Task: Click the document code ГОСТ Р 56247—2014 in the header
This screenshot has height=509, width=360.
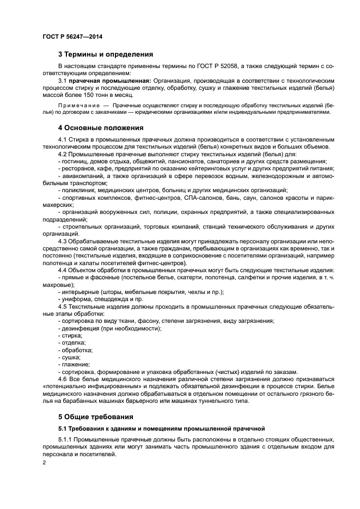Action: click(72, 36)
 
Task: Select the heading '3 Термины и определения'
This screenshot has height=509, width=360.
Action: click(105, 54)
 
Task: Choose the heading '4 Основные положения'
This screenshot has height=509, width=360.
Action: click(101, 128)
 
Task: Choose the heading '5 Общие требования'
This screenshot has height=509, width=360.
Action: click(95, 417)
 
